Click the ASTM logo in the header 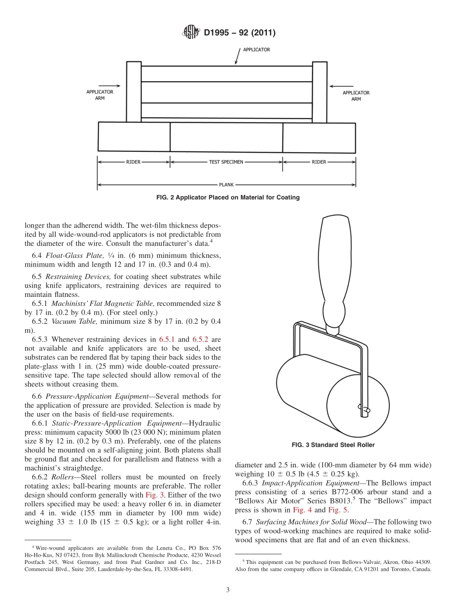191,33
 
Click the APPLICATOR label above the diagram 256,49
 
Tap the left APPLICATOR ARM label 100,95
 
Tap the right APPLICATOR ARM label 356,96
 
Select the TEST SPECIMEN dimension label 226,162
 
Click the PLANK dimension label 226,184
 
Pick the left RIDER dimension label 133,162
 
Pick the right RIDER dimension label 319,162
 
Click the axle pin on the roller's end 364,410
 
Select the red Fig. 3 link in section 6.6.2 155,495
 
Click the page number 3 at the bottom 228,590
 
